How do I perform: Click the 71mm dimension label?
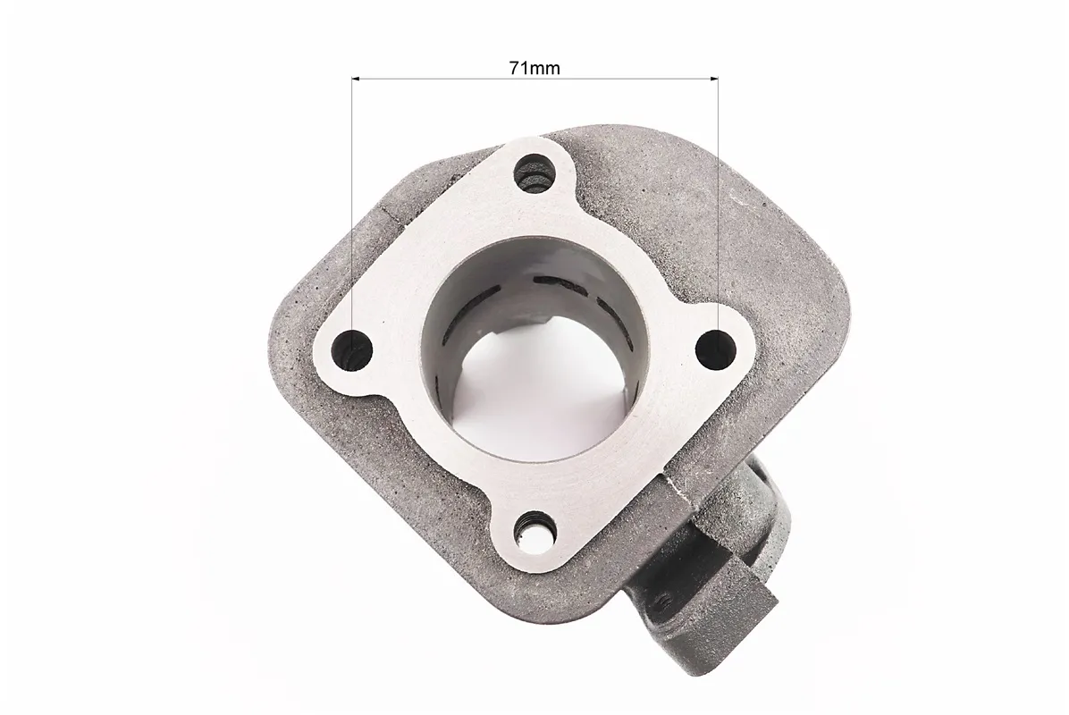534,68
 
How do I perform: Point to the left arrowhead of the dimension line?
356,79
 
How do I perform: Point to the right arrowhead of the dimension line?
714,79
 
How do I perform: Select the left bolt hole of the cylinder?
352,349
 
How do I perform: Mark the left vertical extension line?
352,218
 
